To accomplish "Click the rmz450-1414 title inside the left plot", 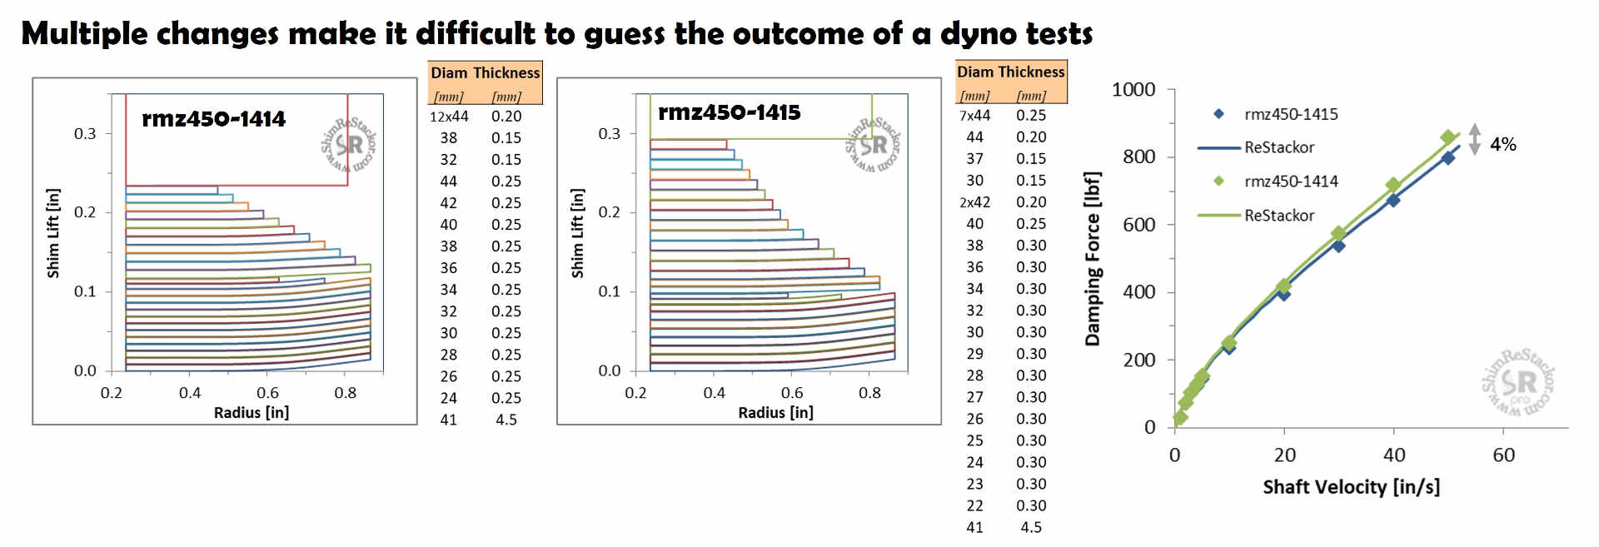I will [213, 119].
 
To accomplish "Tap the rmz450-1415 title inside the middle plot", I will [729, 112].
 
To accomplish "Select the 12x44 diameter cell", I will [449, 117].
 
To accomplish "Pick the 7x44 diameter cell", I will [974, 116].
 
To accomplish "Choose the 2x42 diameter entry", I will [974, 202].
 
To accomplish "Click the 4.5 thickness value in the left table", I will [506, 420].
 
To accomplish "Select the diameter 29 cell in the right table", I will [974, 354].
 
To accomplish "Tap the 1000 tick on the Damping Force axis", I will [1133, 90].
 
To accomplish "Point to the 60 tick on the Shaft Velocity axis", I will [1503, 455].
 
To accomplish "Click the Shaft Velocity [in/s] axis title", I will [1351, 487].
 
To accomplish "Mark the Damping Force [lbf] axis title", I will [1092, 259].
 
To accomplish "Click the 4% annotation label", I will [1502, 145].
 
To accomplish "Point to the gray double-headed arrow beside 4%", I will [1474, 140].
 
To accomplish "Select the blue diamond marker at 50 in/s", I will [1448, 157].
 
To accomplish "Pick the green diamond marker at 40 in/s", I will [1393, 185].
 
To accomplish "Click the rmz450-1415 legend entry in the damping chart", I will [1291, 114].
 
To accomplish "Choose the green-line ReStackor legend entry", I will [1279, 216].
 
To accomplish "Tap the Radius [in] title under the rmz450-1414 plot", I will [251, 412].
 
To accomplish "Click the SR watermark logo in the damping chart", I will [1519, 383].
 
